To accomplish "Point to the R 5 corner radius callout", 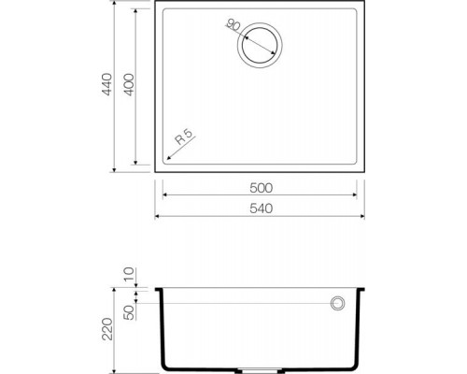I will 184,145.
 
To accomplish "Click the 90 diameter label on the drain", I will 233,24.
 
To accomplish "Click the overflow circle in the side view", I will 336,303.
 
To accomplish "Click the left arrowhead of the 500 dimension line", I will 165,195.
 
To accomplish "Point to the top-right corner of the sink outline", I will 363,4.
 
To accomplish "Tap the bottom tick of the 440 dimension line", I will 113,171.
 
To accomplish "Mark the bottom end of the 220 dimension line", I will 113,366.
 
